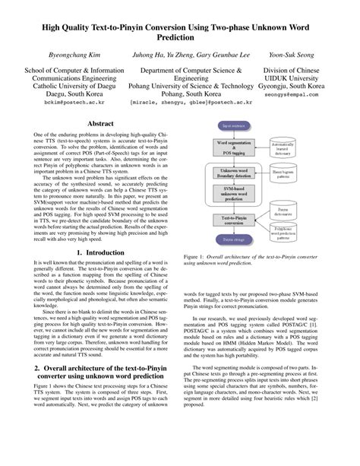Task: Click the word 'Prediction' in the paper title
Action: tap(180, 35)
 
